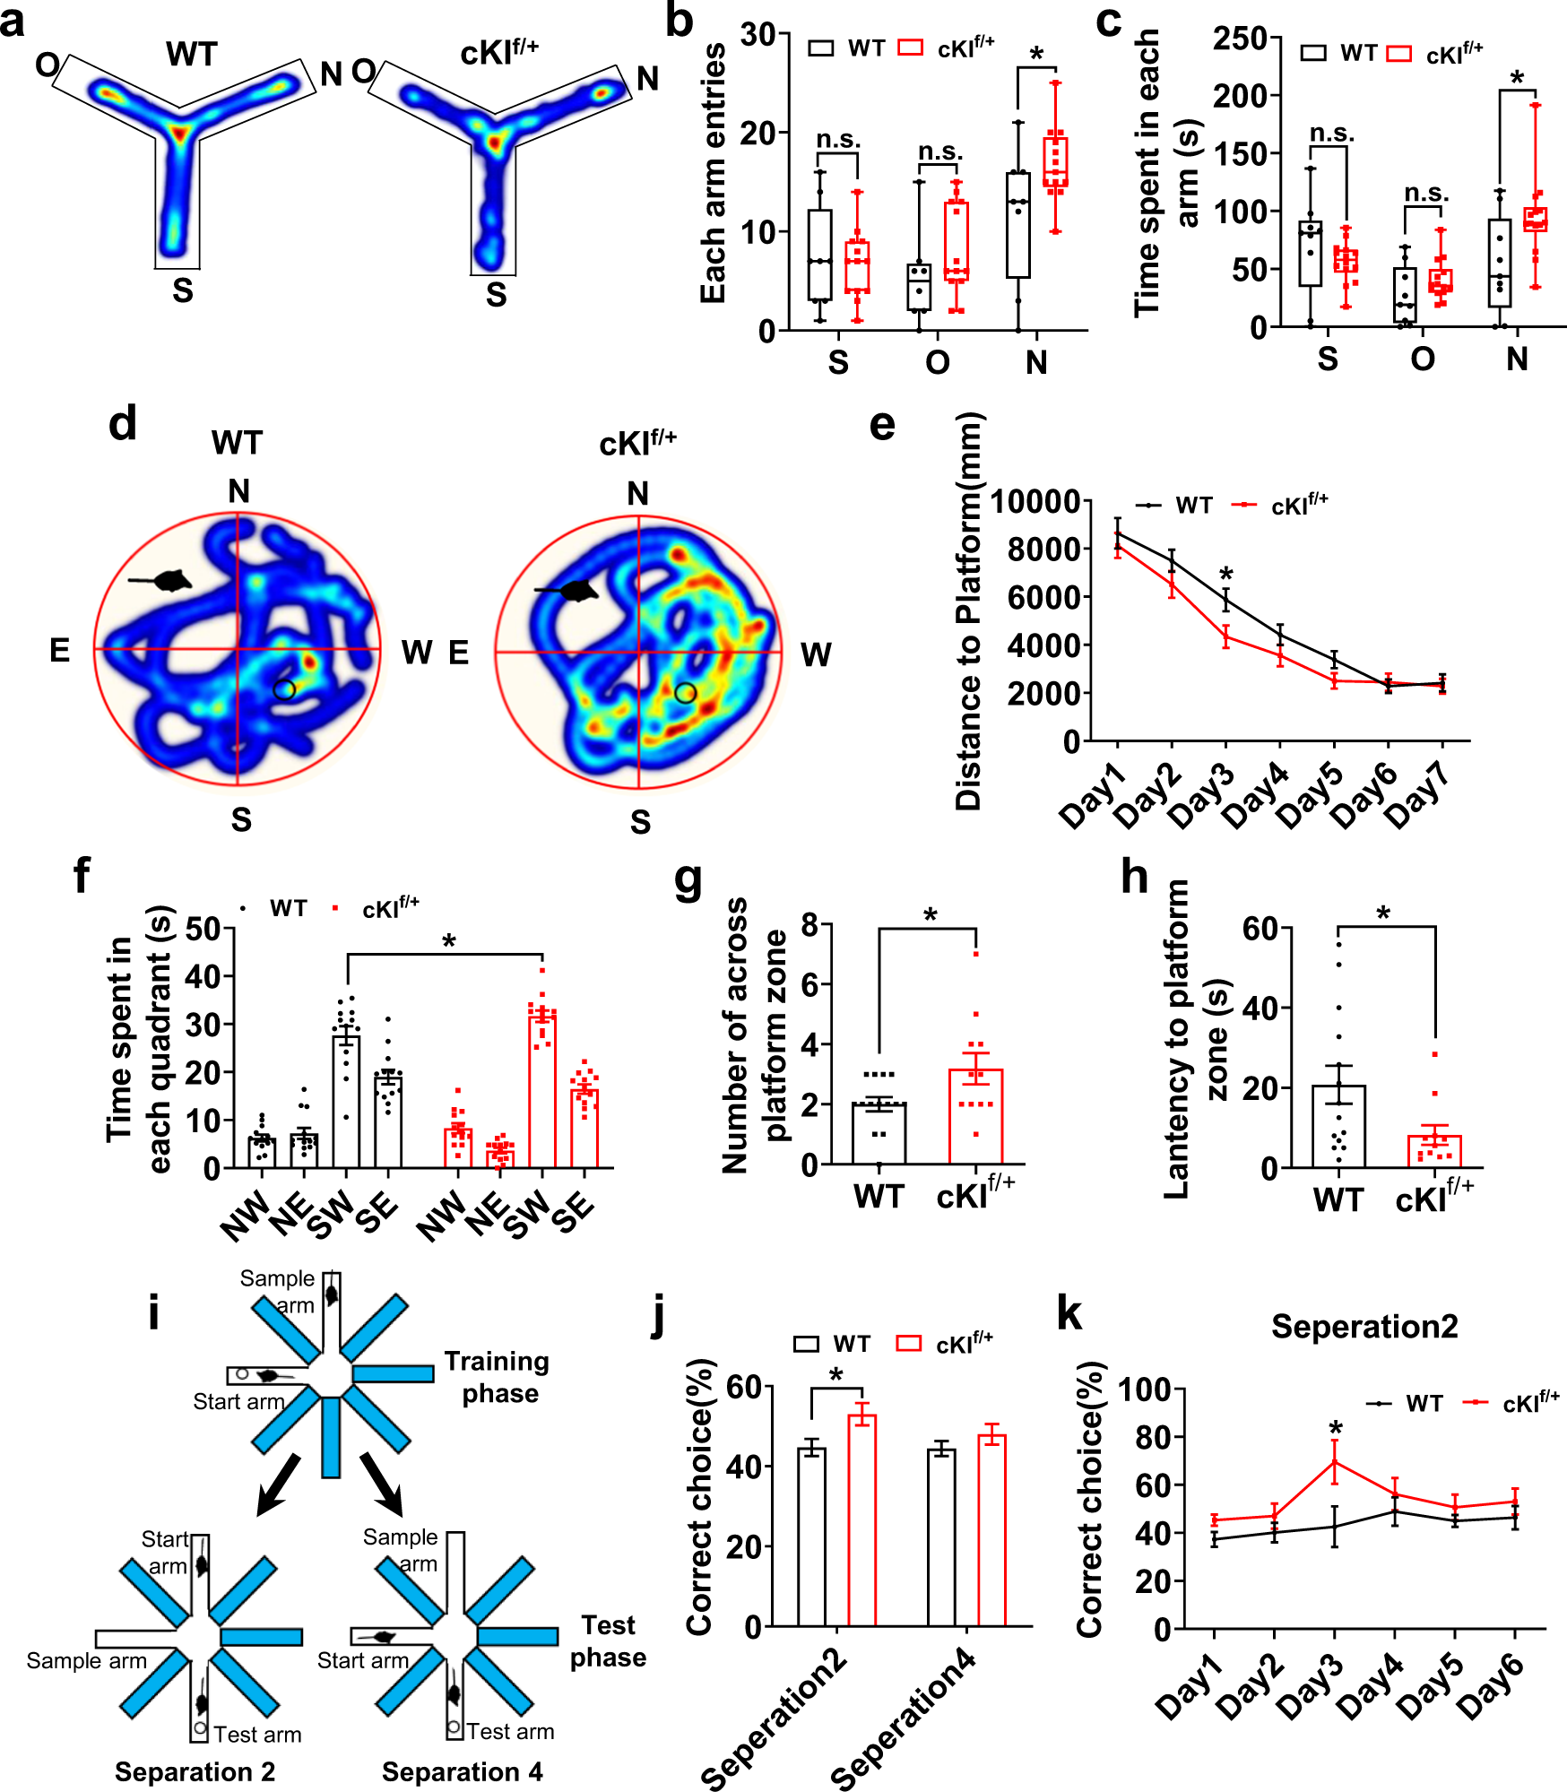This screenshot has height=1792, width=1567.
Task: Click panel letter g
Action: coord(688,879)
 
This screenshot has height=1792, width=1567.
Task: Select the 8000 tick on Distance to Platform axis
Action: coord(1043,549)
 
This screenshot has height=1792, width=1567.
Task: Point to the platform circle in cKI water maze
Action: coord(685,692)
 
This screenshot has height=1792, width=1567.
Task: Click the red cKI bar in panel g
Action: coord(975,1116)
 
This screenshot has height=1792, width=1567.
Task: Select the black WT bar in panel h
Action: coord(1338,1126)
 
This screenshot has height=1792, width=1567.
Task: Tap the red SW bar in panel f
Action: coord(541,1090)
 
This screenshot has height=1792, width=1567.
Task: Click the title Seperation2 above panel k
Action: coord(1364,1326)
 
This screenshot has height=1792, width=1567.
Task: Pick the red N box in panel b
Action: coord(1055,162)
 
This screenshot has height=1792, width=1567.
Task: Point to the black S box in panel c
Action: coord(1310,254)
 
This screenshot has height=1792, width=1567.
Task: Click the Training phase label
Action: coord(498,1377)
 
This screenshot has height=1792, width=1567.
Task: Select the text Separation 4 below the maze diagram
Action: coord(462,1771)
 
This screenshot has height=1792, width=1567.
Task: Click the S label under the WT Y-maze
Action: coord(183,290)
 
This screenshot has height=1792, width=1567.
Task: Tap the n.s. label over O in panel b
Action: coord(939,152)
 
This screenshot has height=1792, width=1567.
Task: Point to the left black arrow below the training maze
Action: coord(279,1484)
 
